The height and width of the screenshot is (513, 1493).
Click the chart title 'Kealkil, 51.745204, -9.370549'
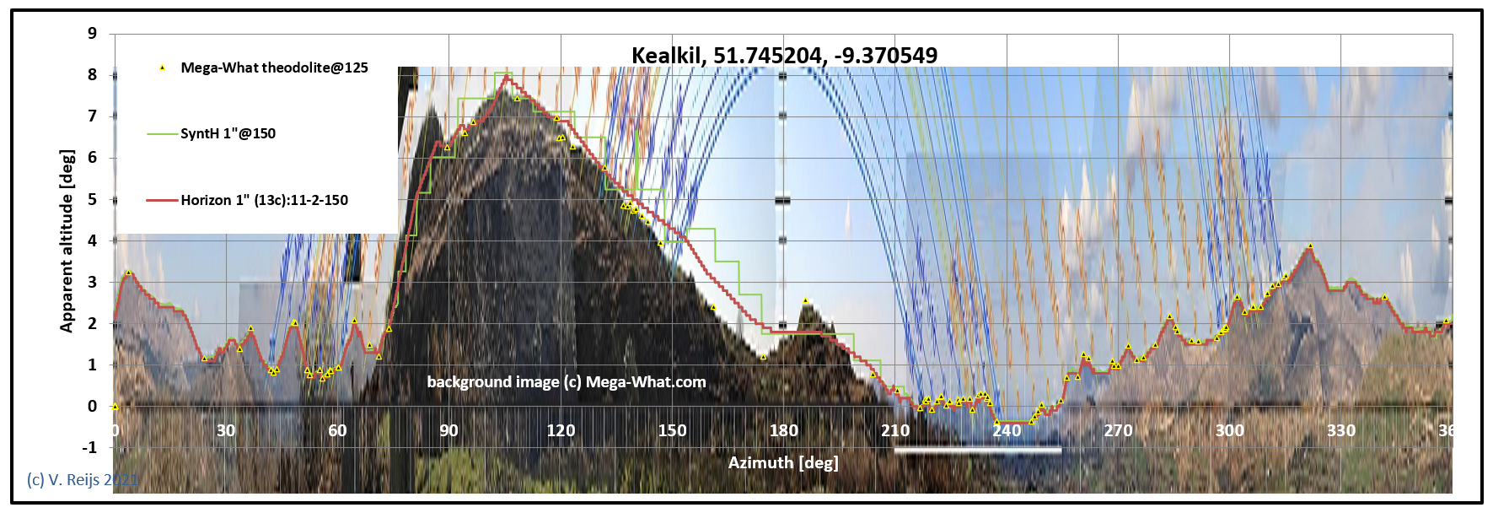pos(784,56)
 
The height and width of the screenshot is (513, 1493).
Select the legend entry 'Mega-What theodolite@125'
pos(274,67)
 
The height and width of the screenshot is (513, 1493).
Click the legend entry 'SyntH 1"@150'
pos(228,133)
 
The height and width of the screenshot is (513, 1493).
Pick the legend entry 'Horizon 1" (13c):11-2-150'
pos(264,200)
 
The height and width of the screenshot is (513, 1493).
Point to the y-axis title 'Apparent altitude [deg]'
pos(67,241)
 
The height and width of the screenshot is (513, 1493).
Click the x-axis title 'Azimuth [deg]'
pos(783,462)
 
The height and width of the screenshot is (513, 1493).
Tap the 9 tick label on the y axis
pos(92,34)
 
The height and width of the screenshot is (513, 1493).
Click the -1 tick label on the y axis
pos(89,447)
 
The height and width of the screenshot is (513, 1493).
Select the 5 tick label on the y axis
pos(92,199)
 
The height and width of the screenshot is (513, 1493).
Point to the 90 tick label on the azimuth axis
pos(448,430)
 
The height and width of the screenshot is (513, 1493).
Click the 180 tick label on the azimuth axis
pos(783,430)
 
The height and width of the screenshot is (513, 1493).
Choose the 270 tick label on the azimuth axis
pos(1118,430)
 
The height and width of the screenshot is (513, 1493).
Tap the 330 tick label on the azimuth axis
pos(1341,430)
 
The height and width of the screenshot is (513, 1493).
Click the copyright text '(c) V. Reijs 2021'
pos(82,480)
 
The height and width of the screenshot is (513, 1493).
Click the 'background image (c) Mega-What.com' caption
pos(567,381)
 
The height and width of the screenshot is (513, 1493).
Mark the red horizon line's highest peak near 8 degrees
pos(506,76)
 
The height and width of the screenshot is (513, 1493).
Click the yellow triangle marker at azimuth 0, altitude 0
pos(115,407)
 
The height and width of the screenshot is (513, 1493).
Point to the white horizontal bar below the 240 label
pos(978,450)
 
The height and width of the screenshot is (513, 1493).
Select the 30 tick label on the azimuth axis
pos(226,430)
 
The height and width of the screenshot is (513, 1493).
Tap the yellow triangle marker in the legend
pos(163,67)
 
